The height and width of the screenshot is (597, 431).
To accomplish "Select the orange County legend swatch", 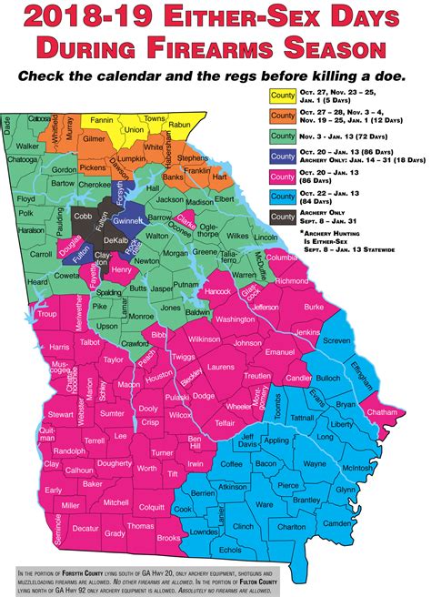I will (284, 115).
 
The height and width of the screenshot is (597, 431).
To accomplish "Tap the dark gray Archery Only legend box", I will (284, 217).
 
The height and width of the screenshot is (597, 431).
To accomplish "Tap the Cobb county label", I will (83, 218).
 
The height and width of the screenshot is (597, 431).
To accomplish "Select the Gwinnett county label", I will (130, 221).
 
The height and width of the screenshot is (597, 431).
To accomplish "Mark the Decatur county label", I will (86, 527).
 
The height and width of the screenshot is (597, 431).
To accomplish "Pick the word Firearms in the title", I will (261, 49).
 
